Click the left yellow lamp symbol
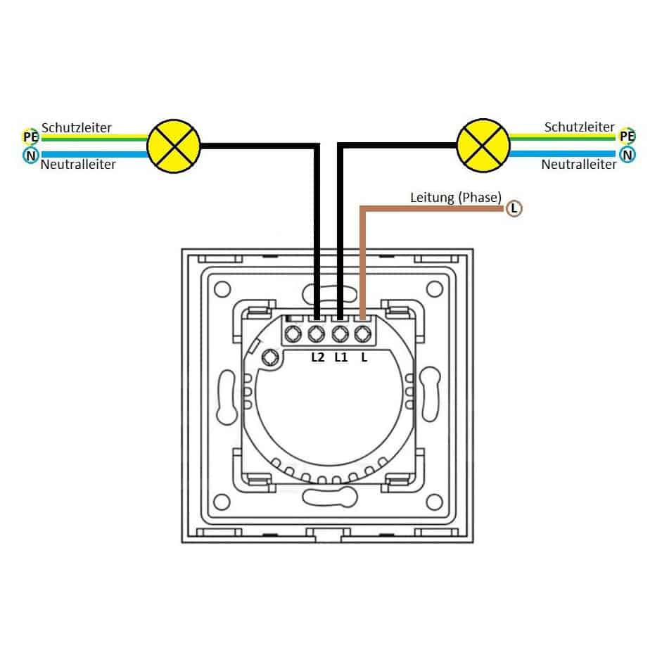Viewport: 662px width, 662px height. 174,146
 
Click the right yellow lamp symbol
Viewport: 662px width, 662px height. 483,146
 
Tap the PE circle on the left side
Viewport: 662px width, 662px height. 30,136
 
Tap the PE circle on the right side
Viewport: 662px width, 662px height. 627,136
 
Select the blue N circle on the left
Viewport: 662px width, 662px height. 31,155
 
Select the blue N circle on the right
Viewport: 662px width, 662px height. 628,155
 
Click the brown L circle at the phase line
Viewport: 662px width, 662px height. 514,208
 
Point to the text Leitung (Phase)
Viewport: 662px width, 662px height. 456,197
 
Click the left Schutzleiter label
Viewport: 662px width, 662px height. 77,127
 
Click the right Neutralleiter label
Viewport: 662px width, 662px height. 579,164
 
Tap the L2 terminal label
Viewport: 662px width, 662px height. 317,357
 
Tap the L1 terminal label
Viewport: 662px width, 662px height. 340,357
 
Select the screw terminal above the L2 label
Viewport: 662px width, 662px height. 316,334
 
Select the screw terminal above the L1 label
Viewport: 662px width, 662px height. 340,334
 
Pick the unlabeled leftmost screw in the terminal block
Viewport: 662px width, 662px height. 293,334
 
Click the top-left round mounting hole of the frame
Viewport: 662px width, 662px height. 222,290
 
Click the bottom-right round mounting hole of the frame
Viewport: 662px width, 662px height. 435,502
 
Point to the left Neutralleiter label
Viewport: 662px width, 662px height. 78,164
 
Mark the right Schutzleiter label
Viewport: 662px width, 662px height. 579,127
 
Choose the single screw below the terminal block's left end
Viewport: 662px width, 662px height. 269,358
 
